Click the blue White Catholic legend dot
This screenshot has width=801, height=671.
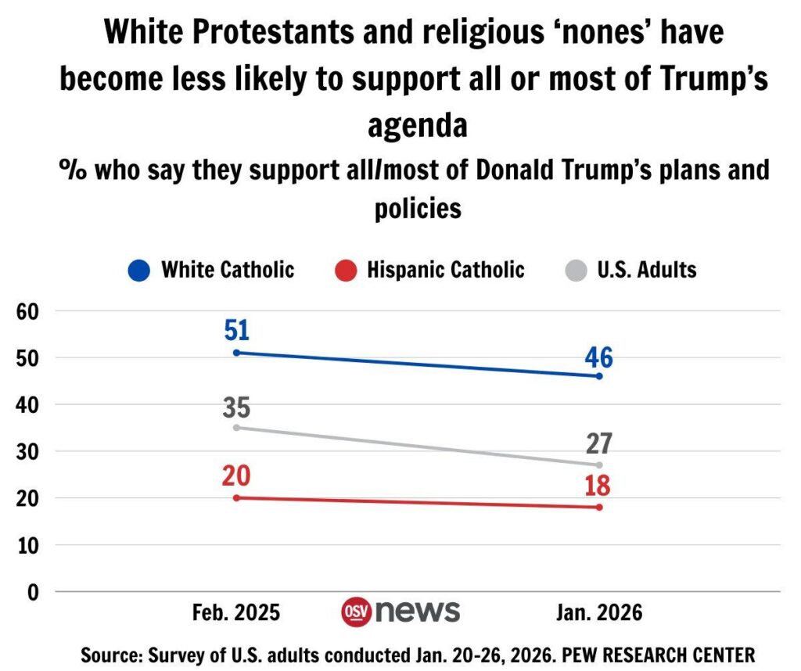(140, 271)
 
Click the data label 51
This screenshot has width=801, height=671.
(236, 330)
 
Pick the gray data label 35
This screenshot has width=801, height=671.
(236, 407)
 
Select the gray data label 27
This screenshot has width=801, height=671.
(598, 443)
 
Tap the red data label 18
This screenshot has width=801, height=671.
(598, 485)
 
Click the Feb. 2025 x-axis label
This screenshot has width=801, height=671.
(236, 612)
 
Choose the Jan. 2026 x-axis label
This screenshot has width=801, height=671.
(599, 612)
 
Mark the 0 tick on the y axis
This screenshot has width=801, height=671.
(33, 592)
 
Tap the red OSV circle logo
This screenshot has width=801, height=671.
(357, 612)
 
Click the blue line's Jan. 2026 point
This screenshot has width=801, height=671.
(599, 376)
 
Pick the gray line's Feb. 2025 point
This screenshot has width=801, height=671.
(236, 428)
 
